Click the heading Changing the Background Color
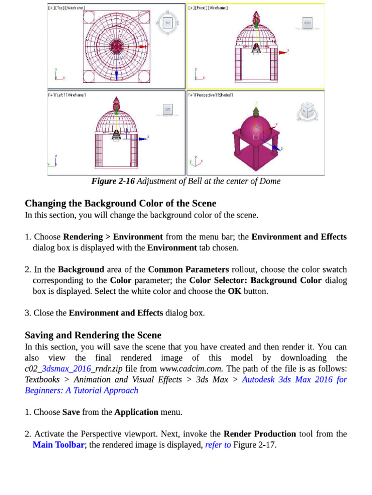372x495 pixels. coord(120,204)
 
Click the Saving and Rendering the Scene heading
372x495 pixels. coord(93,335)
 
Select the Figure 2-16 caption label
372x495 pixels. coord(113,181)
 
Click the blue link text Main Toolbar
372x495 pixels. coord(58,445)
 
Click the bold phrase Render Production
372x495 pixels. coord(260,434)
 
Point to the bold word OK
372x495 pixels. coord(234,291)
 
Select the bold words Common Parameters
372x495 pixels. coord(188,269)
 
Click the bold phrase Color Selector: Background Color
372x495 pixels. coord(255,280)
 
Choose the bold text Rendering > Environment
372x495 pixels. coord(113,237)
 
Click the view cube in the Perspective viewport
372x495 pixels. coord(307,112)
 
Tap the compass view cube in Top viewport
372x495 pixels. coord(168,22)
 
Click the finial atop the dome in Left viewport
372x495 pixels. coord(116,103)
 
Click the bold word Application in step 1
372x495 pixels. coord(136,412)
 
